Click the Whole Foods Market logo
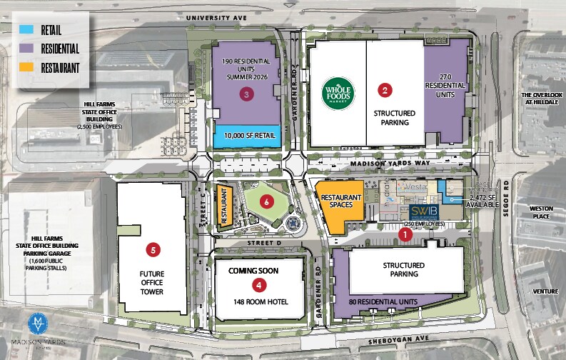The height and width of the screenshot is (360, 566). click(x=338, y=92)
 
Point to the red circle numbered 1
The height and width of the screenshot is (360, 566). click(x=405, y=233)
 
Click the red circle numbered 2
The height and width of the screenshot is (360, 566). click(x=385, y=90)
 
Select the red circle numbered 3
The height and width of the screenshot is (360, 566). click(x=247, y=94)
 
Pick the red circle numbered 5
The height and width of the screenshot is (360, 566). click(x=153, y=250)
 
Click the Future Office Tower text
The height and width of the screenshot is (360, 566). click(x=153, y=281)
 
